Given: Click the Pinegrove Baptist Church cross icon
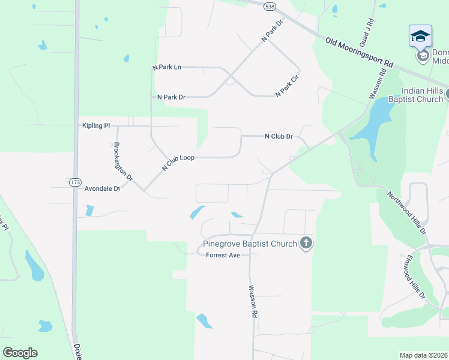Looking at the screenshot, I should tap(306, 243).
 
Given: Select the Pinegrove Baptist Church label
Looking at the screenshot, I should tap(250, 244).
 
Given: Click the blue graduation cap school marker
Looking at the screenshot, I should tap(420, 35).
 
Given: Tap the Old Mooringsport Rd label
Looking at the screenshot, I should tap(359, 53).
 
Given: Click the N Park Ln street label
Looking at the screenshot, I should tap(167, 67).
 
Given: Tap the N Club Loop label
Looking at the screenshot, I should tap(178, 162).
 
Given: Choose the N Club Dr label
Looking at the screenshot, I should tap(279, 136).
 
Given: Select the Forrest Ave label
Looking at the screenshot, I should tap(223, 255).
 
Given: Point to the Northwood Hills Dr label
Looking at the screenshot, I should tap(406, 212).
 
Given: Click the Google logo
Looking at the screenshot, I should tap(20, 353).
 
